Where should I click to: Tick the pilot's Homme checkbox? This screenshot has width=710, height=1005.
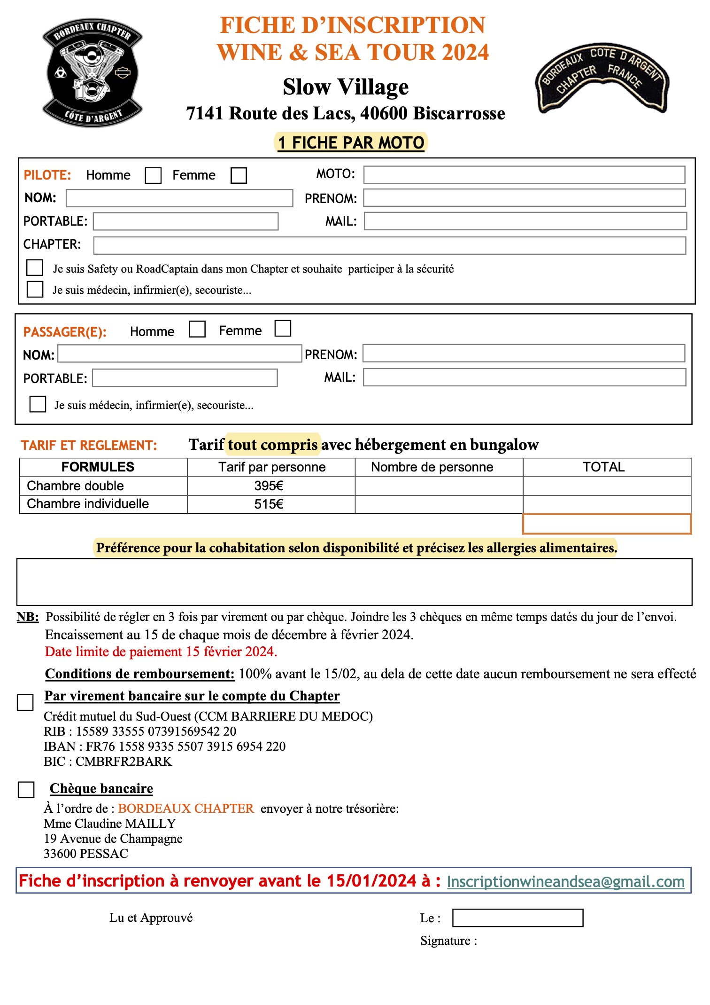153,176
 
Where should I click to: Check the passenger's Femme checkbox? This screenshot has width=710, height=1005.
283,329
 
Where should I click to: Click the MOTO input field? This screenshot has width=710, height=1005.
524,175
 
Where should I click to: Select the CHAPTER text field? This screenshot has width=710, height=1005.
389,245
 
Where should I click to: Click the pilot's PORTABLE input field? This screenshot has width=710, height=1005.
185,221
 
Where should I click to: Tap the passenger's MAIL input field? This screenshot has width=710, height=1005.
524,377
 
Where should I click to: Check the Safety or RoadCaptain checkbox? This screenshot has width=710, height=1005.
35,267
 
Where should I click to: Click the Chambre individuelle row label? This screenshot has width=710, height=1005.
88,504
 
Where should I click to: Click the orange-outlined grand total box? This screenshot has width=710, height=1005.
607,524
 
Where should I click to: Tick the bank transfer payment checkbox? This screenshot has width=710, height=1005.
25,703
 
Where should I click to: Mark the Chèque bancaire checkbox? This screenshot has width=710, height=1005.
26,790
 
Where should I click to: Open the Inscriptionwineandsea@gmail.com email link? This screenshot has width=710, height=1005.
565,882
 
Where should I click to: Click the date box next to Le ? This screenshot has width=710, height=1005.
517,918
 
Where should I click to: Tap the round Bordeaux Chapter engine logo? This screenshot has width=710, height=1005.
93,73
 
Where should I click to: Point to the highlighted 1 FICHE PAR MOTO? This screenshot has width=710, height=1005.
351,143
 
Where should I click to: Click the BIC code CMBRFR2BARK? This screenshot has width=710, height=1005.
124,762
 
